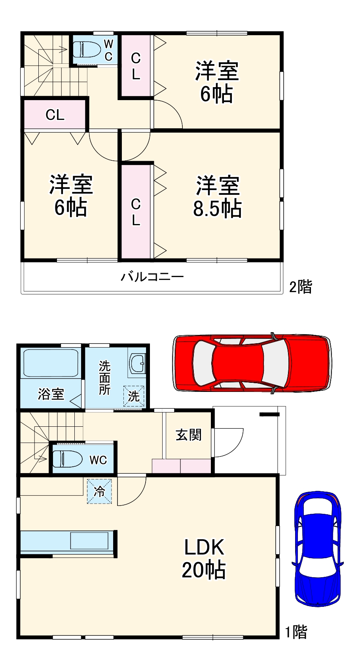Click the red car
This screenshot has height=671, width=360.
[252, 363]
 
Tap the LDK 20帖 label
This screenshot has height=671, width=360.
[204, 559]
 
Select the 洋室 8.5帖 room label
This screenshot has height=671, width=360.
[218, 197]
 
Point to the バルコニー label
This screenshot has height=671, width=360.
[152, 276]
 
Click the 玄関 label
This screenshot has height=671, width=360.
[189, 435]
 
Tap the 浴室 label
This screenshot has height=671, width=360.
[51, 394]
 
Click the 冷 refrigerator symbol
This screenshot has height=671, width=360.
[99, 491]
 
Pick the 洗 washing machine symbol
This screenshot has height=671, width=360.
[134, 396]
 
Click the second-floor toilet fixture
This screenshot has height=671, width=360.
[85, 49]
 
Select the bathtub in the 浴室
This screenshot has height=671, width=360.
[50, 363]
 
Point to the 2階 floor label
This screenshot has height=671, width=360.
[300, 286]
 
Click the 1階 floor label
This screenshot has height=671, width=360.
[296, 632]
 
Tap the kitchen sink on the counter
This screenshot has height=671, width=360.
[89, 541]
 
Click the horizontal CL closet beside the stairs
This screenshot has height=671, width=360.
[55, 115]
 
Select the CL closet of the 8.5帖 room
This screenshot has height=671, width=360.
[136, 212]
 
